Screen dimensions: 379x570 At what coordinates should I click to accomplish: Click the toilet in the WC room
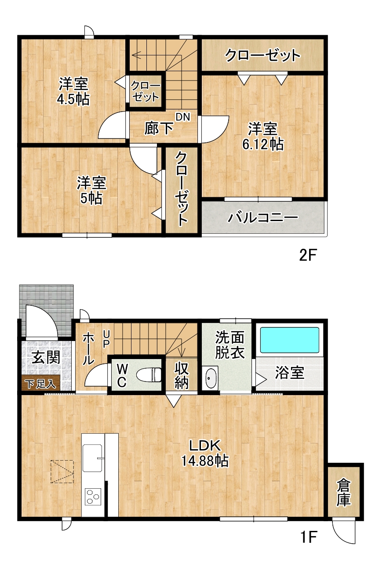(149, 375)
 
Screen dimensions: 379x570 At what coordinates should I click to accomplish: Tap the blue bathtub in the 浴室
(289, 340)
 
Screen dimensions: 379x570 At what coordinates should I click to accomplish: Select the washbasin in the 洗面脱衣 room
(211, 378)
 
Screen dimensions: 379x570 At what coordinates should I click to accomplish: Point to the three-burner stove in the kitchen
(92, 497)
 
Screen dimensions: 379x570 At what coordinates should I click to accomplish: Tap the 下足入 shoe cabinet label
(41, 384)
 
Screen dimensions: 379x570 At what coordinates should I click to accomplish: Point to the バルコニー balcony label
(262, 218)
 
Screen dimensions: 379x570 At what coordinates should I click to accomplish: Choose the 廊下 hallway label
(159, 128)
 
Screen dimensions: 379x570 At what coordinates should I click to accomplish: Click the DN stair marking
(183, 117)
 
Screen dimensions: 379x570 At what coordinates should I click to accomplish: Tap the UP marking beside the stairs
(106, 339)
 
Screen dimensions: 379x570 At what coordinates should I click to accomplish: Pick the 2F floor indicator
(307, 256)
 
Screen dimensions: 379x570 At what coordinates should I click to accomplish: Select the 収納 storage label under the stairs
(181, 376)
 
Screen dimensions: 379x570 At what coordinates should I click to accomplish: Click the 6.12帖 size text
(263, 145)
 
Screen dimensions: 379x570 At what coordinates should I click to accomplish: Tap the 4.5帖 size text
(73, 99)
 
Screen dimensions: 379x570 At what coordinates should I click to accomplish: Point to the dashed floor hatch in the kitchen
(62, 472)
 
